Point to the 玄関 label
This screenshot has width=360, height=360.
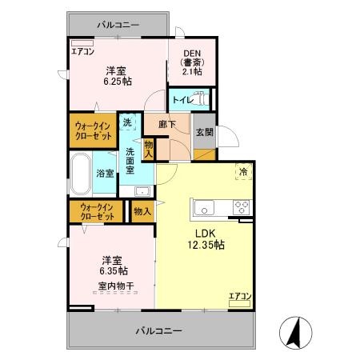coord(203,132)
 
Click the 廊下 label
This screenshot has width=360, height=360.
coord(166,125)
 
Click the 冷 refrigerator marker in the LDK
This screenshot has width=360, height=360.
coord(242,170)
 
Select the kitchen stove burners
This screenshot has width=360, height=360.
coord(242,208)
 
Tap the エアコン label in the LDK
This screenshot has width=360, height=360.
coord(240,297)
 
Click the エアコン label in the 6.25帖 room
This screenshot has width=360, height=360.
coord(82,52)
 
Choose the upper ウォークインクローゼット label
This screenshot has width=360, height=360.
coord(94,131)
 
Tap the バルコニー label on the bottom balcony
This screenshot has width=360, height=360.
coord(158,330)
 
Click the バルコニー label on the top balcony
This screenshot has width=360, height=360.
coord(118,25)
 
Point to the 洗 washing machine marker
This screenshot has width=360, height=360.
coord(127,123)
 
